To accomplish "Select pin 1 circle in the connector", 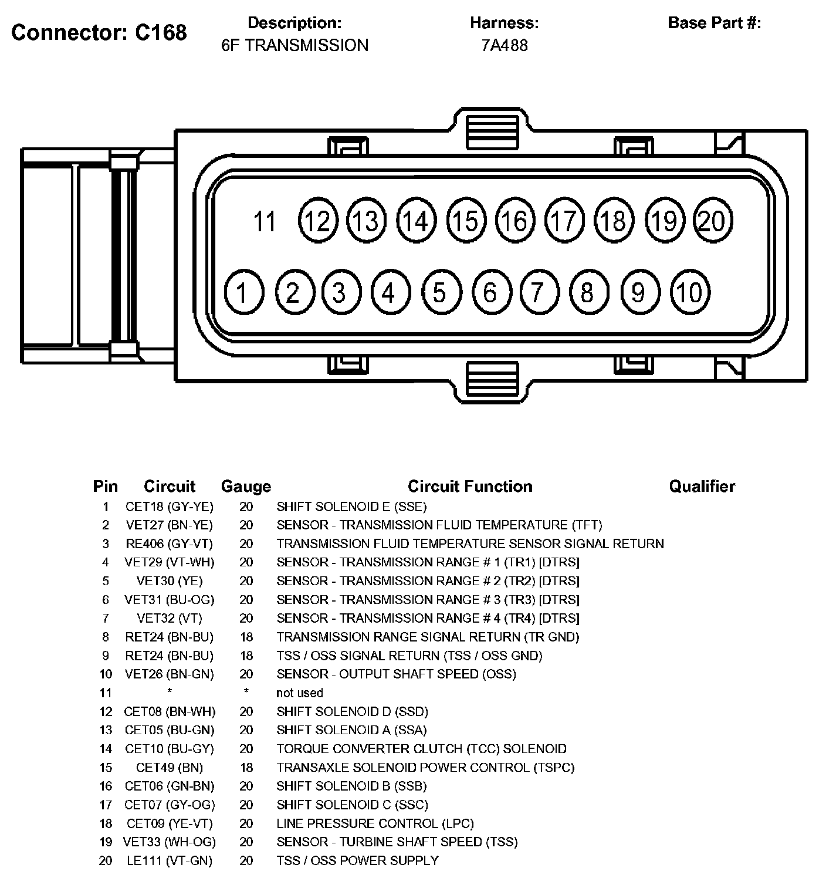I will click(x=243, y=292).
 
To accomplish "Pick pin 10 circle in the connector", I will click(x=689, y=292).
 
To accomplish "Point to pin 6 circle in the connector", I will click(x=490, y=292).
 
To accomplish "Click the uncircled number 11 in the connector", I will click(x=264, y=222).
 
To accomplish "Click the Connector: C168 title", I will click(x=99, y=32).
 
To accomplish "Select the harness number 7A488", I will click(x=504, y=45).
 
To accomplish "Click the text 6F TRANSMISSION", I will click(x=294, y=45).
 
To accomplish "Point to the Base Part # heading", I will click(x=714, y=23).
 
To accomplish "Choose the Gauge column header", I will click(x=246, y=487).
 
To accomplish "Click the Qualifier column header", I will click(x=702, y=487).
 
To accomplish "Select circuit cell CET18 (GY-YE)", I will click(x=170, y=506).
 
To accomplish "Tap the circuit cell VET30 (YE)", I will click(x=170, y=581).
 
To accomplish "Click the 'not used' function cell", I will click(x=299, y=693).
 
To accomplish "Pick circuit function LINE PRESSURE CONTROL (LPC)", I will click(x=375, y=823).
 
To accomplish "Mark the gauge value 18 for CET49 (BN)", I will click(x=246, y=768).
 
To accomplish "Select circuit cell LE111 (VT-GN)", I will click(x=170, y=861).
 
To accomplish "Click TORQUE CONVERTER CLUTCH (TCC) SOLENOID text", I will click(x=421, y=749).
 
